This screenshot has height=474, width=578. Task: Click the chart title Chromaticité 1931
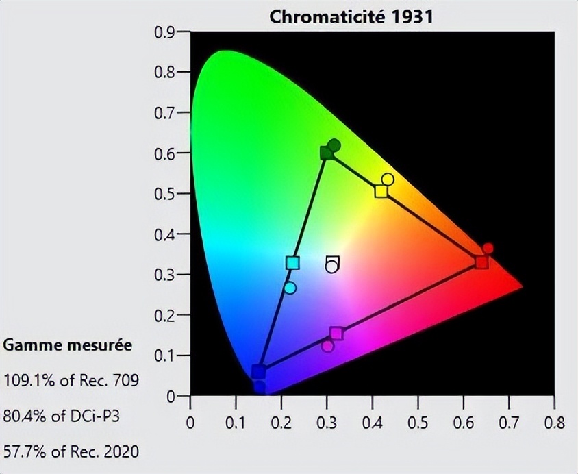click(351, 16)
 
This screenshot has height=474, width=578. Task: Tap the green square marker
click(327, 152)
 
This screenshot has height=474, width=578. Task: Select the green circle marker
click(334, 145)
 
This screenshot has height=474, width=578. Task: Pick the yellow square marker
click(381, 191)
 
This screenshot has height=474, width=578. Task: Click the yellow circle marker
click(388, 179)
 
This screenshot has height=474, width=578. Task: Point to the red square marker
click(481, 262)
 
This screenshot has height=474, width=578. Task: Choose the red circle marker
click(488, 249)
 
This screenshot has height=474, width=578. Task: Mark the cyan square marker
click(292, 263)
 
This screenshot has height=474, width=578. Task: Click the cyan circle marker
click(290, 288)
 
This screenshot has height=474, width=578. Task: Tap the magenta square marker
click(336, 334)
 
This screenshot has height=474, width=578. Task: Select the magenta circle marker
click(327, 346)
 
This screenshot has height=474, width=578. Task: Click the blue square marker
click(258, 371)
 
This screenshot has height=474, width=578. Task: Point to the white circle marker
click(332, 266)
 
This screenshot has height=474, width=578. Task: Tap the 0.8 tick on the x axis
click(554, 421)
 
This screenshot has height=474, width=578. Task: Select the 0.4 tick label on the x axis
click(372, 421)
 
